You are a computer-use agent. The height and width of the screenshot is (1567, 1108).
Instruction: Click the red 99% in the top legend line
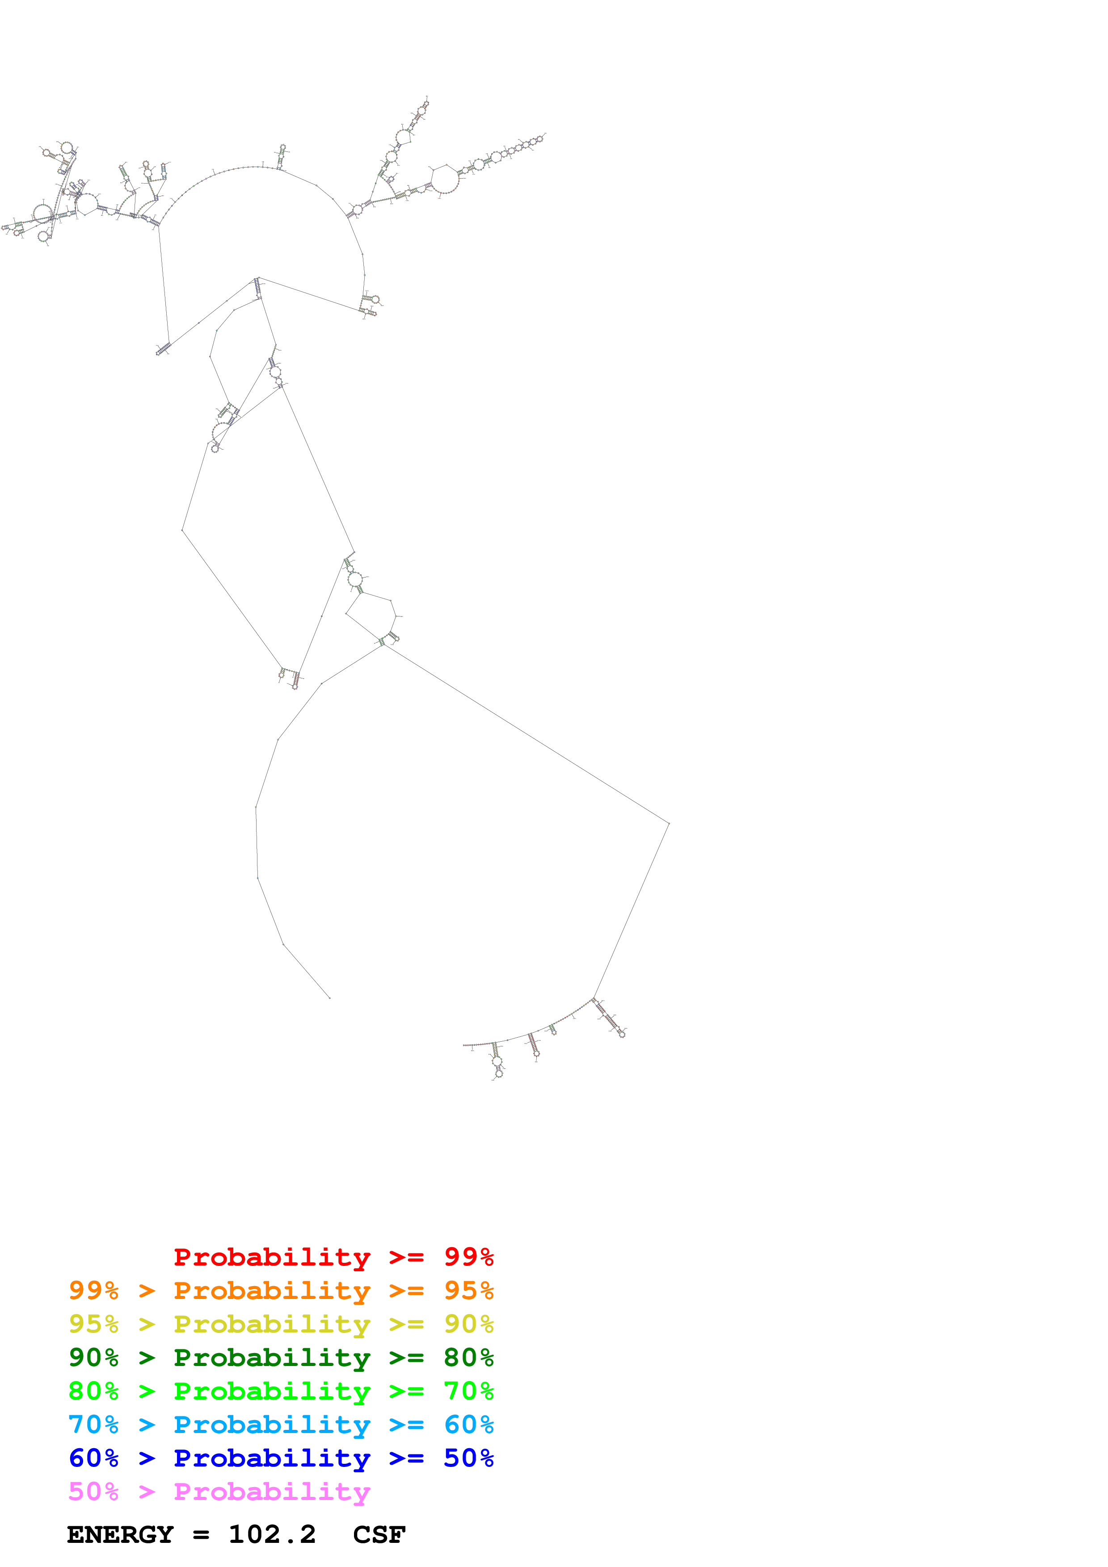pos(468,1257)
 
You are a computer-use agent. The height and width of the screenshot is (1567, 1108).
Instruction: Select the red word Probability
pos(272,1257)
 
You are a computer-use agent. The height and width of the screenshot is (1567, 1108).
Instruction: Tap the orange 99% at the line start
pos(93,1290)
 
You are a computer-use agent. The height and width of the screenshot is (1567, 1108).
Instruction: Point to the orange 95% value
pos(468,1290)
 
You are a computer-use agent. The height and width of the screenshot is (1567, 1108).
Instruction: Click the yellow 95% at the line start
pos(93,1324)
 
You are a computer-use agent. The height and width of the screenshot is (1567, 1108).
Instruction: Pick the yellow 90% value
pos(468,1324)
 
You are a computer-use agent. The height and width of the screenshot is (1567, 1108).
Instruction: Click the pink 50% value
pos(93,1491)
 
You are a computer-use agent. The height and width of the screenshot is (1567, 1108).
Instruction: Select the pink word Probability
pos(272,1491)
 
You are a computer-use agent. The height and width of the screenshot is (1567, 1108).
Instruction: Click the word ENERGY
pos(120,1534)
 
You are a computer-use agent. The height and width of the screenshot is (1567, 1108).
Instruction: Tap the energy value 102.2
pos(272,1534)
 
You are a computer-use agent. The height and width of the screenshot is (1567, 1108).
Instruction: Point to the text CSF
pos(379,1534)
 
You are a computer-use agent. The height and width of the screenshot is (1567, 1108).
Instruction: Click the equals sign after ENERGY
pos(201,1535)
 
